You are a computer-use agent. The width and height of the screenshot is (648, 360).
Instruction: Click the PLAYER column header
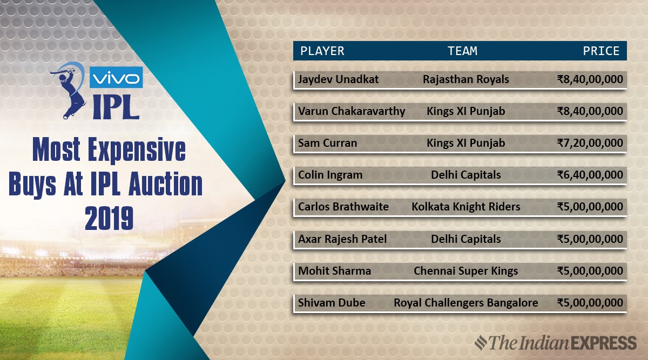pyautogui.click(x=322, y=51)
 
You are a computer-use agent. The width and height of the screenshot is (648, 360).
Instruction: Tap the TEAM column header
pyautogui.click(x=463, y=51)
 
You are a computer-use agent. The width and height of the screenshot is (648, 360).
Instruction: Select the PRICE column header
pyautogui.click(x=601, y=51)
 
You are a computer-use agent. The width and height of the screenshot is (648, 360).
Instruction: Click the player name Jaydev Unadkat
pyautogui.click(x=338, y=79)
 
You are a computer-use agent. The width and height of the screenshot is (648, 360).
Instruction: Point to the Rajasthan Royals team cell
pyautogui.click(x=465, y=79)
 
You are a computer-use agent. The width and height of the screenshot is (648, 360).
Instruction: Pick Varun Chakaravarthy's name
pyautogui.click(x=352, y=111)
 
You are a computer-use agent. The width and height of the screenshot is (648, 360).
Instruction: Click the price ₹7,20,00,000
pyautogui.click(x=590, y=143)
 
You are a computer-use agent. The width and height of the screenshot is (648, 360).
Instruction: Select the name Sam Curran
pyautogui.click(x=327, y=143)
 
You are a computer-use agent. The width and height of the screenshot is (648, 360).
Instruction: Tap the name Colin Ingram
pyautogui.click(x=330, y=175)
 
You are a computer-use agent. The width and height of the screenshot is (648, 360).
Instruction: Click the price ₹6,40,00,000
pyautogui.click(x=590, y=175)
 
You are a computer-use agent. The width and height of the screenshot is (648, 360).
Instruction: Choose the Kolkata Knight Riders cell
pyautogui.click(x=465, y=207)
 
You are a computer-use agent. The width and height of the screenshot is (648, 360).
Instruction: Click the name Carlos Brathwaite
pyautogui.click(x=343, y=207)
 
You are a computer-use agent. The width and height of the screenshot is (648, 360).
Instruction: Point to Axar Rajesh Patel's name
pyautogui.click(x=342, y=239)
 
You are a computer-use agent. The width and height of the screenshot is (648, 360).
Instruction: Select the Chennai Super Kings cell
pyautogui.click(x=465, y=271)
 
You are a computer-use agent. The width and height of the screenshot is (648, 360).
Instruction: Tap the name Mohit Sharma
pyautogui.click(x=334, y=271)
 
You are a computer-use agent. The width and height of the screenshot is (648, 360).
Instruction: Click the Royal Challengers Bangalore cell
pyautogui.click(x=465, y=303)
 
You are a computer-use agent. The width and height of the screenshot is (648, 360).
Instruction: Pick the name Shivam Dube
pyautogui.click(x=332, y=303)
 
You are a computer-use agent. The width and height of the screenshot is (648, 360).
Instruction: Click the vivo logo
pyautogui.click(x=116, y=77)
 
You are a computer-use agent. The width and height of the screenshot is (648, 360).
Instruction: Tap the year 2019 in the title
pyautogui.click(x=109, y=218)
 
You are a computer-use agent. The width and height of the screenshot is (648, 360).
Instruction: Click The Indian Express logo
pyautogui.click(x=556, y=343)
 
